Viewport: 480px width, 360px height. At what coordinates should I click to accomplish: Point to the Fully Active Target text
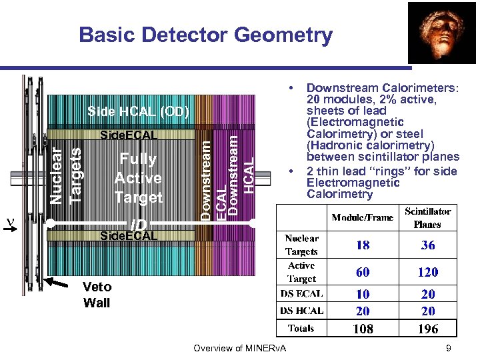pos(138,178)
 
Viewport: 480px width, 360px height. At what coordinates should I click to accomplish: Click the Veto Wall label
pos(97,295)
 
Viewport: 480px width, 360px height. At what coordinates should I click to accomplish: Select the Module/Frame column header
pos(363,218)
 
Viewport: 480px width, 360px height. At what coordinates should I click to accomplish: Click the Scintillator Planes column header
pos(427,218)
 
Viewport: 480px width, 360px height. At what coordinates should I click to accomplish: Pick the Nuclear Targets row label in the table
pos(301,245)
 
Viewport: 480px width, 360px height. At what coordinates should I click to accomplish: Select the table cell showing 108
pos(363,328)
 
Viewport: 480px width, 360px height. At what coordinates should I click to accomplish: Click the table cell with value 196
pos(428,328)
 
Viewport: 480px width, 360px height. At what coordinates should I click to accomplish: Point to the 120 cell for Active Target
pos(428,271)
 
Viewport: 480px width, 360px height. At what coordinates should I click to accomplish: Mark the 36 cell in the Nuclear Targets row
pos(428,245)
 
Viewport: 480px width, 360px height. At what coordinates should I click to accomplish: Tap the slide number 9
pos(449,347)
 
